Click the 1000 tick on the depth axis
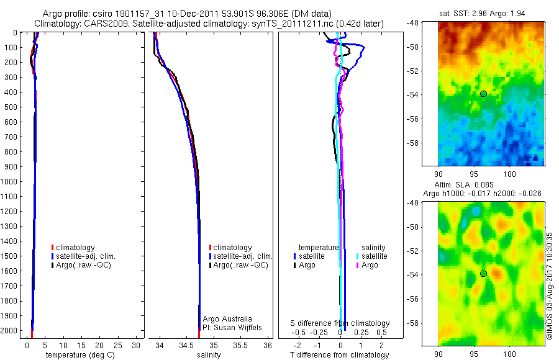click(x=9, y=182)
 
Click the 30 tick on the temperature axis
click(x=137, y=345)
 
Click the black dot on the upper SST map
click(x=483, y=94)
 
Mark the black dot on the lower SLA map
click(x=483, y=274)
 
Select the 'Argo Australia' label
click(x=227, y=319)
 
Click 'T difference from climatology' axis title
click(x=340, y=355)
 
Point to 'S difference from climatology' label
click(x=340, y=323)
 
